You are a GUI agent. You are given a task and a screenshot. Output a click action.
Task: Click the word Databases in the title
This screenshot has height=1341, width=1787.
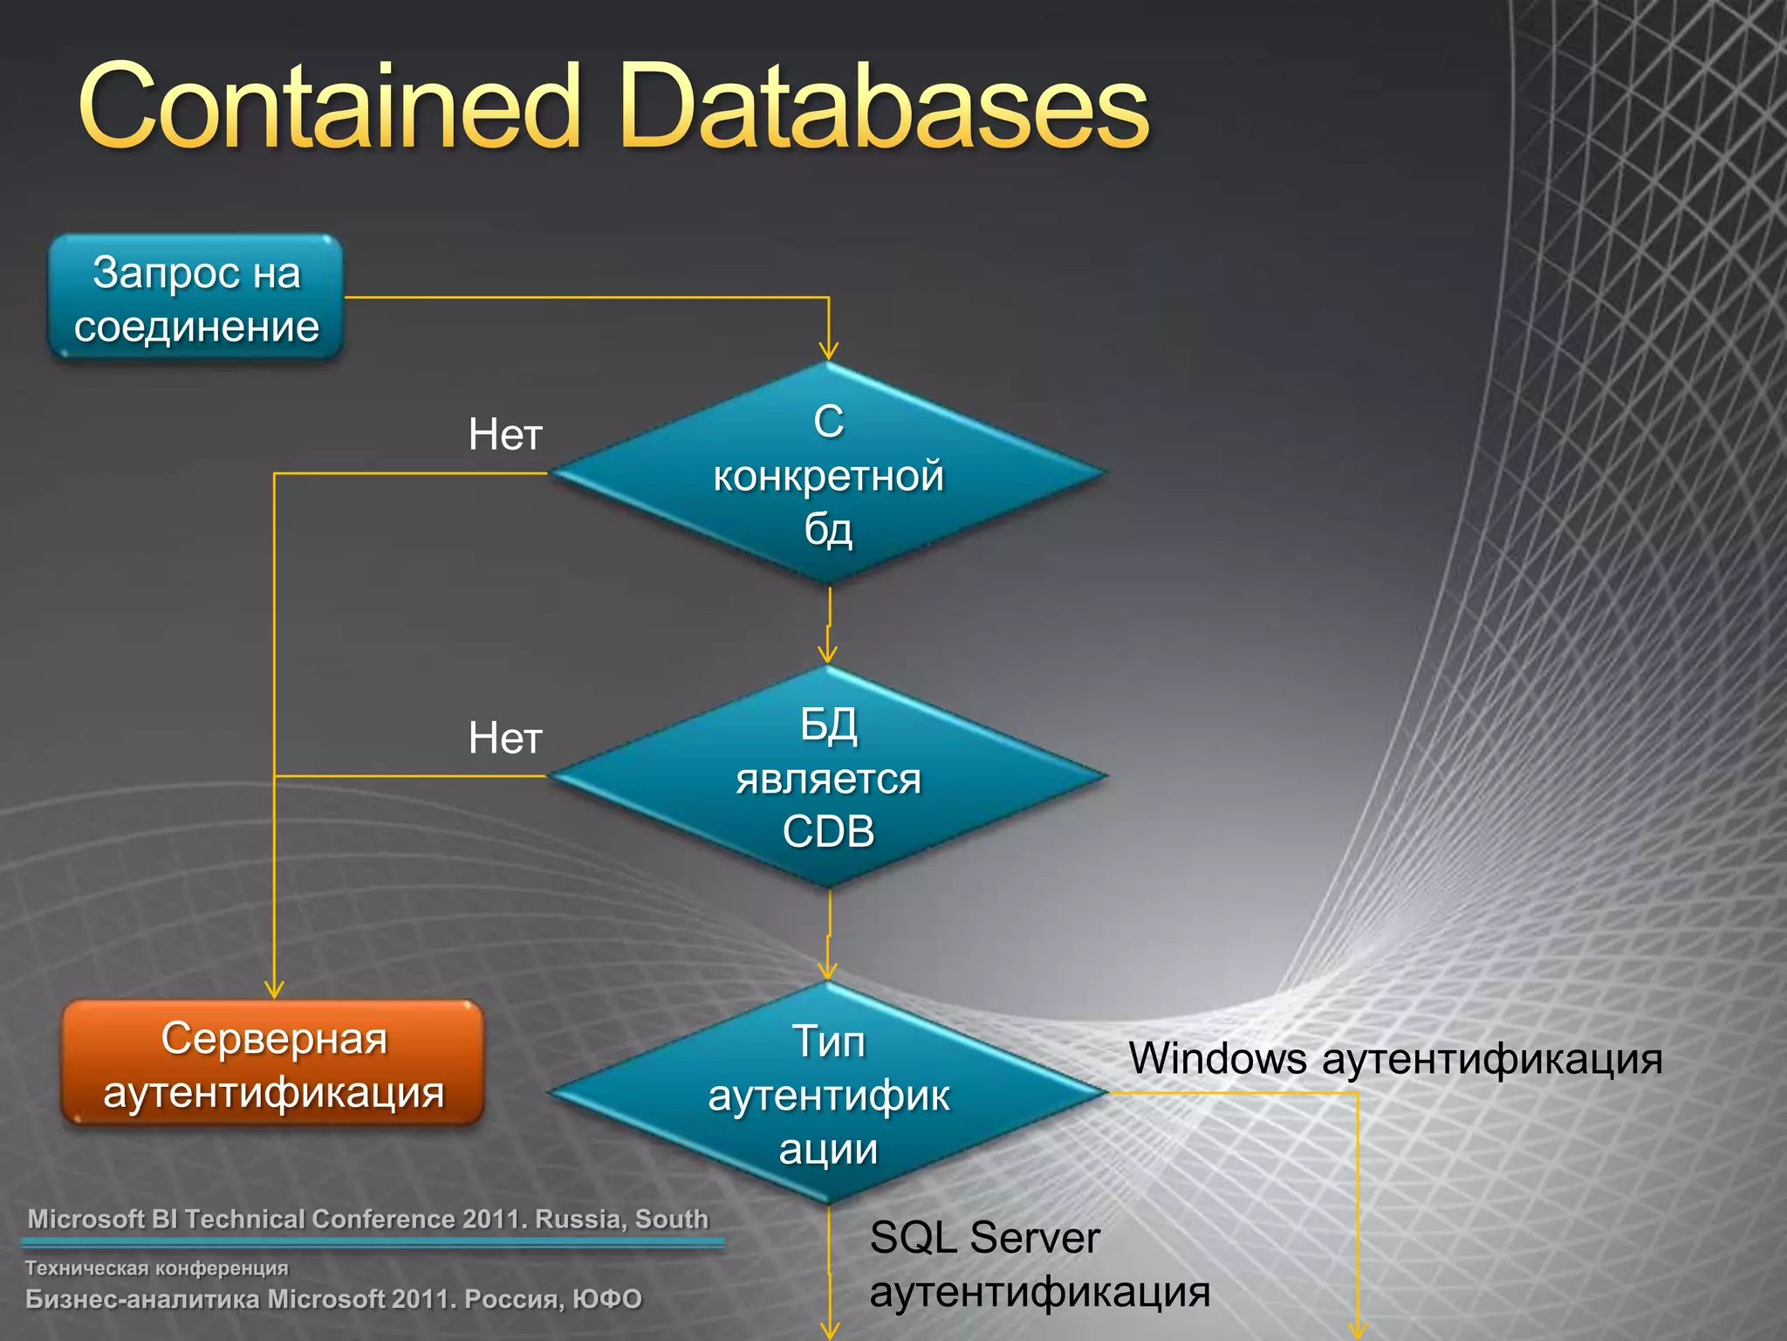[x=885, y=107]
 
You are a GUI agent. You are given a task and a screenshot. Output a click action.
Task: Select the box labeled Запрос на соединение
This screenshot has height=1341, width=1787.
[x=195, y=299]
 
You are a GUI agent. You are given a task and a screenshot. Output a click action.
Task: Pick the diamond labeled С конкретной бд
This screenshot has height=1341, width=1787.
[x=827, y=473]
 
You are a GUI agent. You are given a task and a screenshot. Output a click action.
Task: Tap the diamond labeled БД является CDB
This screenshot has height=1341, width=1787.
[x=827, y=776]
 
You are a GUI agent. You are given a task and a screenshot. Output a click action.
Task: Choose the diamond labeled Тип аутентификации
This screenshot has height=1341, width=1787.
[x=827, y=1093]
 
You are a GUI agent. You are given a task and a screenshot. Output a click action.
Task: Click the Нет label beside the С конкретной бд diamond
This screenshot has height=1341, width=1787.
[x=505, y=435]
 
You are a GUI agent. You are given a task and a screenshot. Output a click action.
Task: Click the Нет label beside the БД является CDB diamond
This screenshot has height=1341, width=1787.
[x=505, y=739]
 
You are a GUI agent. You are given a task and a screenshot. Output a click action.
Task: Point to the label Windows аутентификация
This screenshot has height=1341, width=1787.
[x=1394, y=1058]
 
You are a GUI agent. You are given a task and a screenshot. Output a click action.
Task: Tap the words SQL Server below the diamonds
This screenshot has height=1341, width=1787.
[x=984, y=1238]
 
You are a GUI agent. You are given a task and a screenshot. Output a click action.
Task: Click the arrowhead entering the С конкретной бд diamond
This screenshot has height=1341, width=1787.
[x=828, y=352]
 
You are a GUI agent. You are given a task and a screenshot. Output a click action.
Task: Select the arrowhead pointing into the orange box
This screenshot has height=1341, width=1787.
[x=274, y=990]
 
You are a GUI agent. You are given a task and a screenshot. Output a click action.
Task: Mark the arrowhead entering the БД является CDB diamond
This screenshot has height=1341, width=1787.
[x=827, y=656]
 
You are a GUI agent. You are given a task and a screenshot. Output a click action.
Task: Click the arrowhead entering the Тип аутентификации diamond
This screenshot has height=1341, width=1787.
[x=827, y=971]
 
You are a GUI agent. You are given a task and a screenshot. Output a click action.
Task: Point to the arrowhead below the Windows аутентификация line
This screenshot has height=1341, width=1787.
[x=1358, y=1331]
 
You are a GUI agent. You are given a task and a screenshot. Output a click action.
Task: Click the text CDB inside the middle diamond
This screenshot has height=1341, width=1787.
[x=827, y=832]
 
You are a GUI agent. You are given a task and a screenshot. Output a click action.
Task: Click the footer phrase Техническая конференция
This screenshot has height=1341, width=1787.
[x=156, y=1268]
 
